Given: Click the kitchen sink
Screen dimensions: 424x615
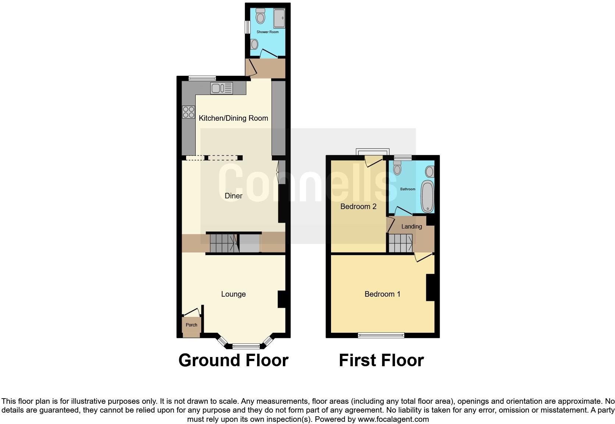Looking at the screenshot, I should [x=221, y=88].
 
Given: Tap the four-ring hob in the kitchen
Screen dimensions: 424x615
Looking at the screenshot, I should [x=188, y=112].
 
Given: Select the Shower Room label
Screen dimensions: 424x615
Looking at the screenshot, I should [x=267, y=32].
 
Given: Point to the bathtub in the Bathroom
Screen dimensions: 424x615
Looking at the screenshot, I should [x=427, y=196].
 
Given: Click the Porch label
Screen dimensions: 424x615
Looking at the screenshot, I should [x=191, y=325].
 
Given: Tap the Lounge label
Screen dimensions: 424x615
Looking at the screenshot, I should [x=233, y=294].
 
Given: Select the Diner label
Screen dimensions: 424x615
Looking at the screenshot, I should [x=233, y=196].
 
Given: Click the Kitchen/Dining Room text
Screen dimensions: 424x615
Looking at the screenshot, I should [x=233, y=118].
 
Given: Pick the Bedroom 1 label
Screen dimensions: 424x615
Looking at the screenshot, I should [x=382, y=294].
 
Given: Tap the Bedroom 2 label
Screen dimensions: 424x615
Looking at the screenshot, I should [x=358, y=206].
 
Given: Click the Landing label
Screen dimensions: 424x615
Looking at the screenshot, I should [x=411, y=226].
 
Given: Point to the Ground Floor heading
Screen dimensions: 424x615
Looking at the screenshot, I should [x=233, y=360].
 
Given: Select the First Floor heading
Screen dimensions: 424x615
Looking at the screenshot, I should [x=381, y=360].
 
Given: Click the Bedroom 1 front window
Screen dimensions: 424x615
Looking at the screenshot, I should [x=381, y=335].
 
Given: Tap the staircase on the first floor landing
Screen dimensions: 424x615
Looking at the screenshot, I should [x=400, y=243].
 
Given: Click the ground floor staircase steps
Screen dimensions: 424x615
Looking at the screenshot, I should [x=222, y=243].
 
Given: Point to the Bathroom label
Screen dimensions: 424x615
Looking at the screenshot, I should [x=408, y=189].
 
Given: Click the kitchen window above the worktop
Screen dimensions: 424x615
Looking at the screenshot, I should [x=202, y=78].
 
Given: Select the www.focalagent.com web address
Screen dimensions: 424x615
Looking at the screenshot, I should [x=393, y=419].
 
